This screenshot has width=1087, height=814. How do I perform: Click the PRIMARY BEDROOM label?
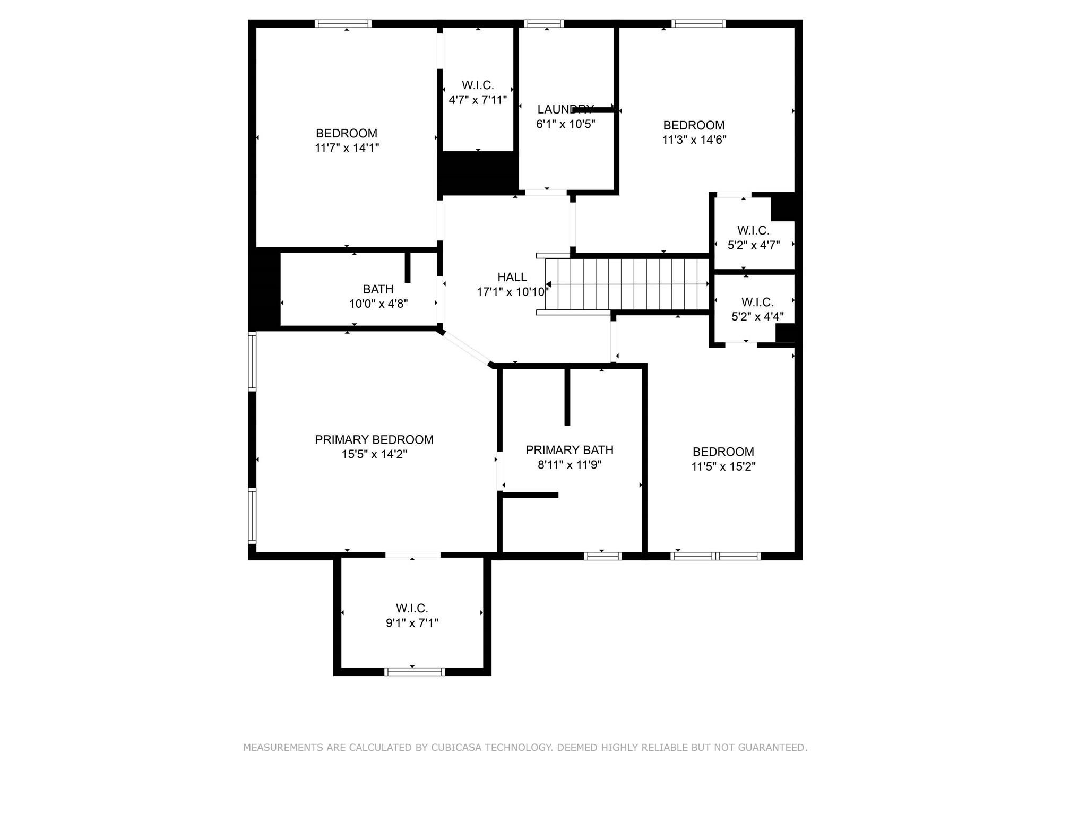pos(374,439)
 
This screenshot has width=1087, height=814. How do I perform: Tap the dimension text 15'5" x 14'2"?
pos(374,454)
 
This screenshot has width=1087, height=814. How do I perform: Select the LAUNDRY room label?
pos(565,109)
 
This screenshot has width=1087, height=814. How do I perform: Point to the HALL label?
pos(512,277)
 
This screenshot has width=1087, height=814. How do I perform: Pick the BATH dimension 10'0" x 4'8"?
pos(378,304)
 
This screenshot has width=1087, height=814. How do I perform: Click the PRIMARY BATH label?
pos(569,450)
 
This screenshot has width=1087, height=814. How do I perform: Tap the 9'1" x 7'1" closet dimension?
pos(412,623)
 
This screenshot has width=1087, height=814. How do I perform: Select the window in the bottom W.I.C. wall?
pos(414,672)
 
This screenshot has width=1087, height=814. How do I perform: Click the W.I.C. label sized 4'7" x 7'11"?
pos(478,85)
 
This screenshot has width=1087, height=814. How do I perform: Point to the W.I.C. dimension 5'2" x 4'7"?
pos(753,245)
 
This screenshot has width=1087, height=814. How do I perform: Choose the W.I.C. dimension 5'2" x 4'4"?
pos(757,317)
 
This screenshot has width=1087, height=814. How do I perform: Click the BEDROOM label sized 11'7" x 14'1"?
pos(346,133)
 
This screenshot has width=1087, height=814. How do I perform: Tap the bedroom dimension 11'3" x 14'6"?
pos(694,140)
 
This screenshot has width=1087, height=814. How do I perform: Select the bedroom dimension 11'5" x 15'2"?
pos(723,466)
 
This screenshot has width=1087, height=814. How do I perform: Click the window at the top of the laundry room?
pos(543,23)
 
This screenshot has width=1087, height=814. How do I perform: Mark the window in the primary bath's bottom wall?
pos(602,556)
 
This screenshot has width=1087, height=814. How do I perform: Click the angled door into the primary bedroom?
pos(465,348)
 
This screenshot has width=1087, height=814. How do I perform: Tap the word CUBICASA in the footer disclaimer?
pos(457,747)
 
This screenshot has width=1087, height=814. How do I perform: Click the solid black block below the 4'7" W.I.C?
pos(478,172)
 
